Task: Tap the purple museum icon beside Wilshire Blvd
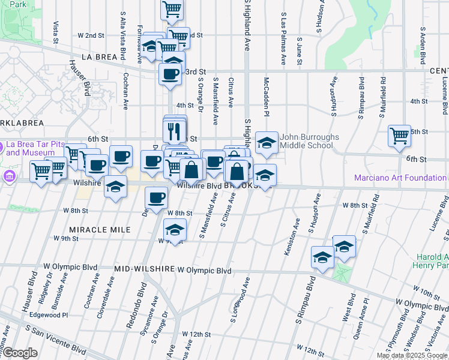coord(9,176)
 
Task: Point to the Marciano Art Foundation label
coord(400,178)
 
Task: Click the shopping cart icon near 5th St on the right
coord(399,136)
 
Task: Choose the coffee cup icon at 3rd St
coord(170,74)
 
